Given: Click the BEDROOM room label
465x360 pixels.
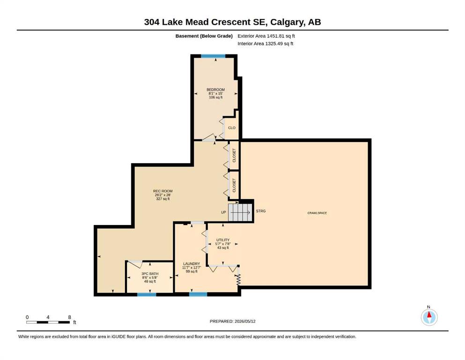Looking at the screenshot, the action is point(215,90).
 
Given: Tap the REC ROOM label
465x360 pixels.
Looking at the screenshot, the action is point(163,191).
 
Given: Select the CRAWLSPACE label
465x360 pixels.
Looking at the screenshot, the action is point(317,213).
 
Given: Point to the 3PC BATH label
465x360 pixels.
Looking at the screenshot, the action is point(150,274).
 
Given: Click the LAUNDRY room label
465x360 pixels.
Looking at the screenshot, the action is point(192,264).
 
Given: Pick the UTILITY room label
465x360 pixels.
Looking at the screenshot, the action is point(223,240).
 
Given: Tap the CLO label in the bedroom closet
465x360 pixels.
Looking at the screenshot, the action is point(232,128).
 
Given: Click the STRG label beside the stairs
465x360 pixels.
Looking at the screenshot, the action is point(261,211).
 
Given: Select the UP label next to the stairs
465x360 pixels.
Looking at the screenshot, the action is point(223,212).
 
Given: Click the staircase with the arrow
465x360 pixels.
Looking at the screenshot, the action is point(240,212).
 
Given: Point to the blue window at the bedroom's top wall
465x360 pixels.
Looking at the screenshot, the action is point(213,56).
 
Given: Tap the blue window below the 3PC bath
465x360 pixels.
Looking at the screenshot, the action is point(147,294).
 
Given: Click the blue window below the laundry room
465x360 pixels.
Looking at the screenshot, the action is point(198,294).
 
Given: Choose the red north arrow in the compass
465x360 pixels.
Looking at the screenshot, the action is point(429,315).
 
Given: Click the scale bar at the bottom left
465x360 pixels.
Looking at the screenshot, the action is point(48,322).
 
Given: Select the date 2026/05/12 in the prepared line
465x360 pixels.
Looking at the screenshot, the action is point(245,321).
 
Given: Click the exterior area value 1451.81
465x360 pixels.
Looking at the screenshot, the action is point(275,36).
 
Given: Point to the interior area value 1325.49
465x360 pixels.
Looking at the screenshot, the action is point(274,44).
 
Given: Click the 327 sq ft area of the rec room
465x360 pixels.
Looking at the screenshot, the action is point(163,199).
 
